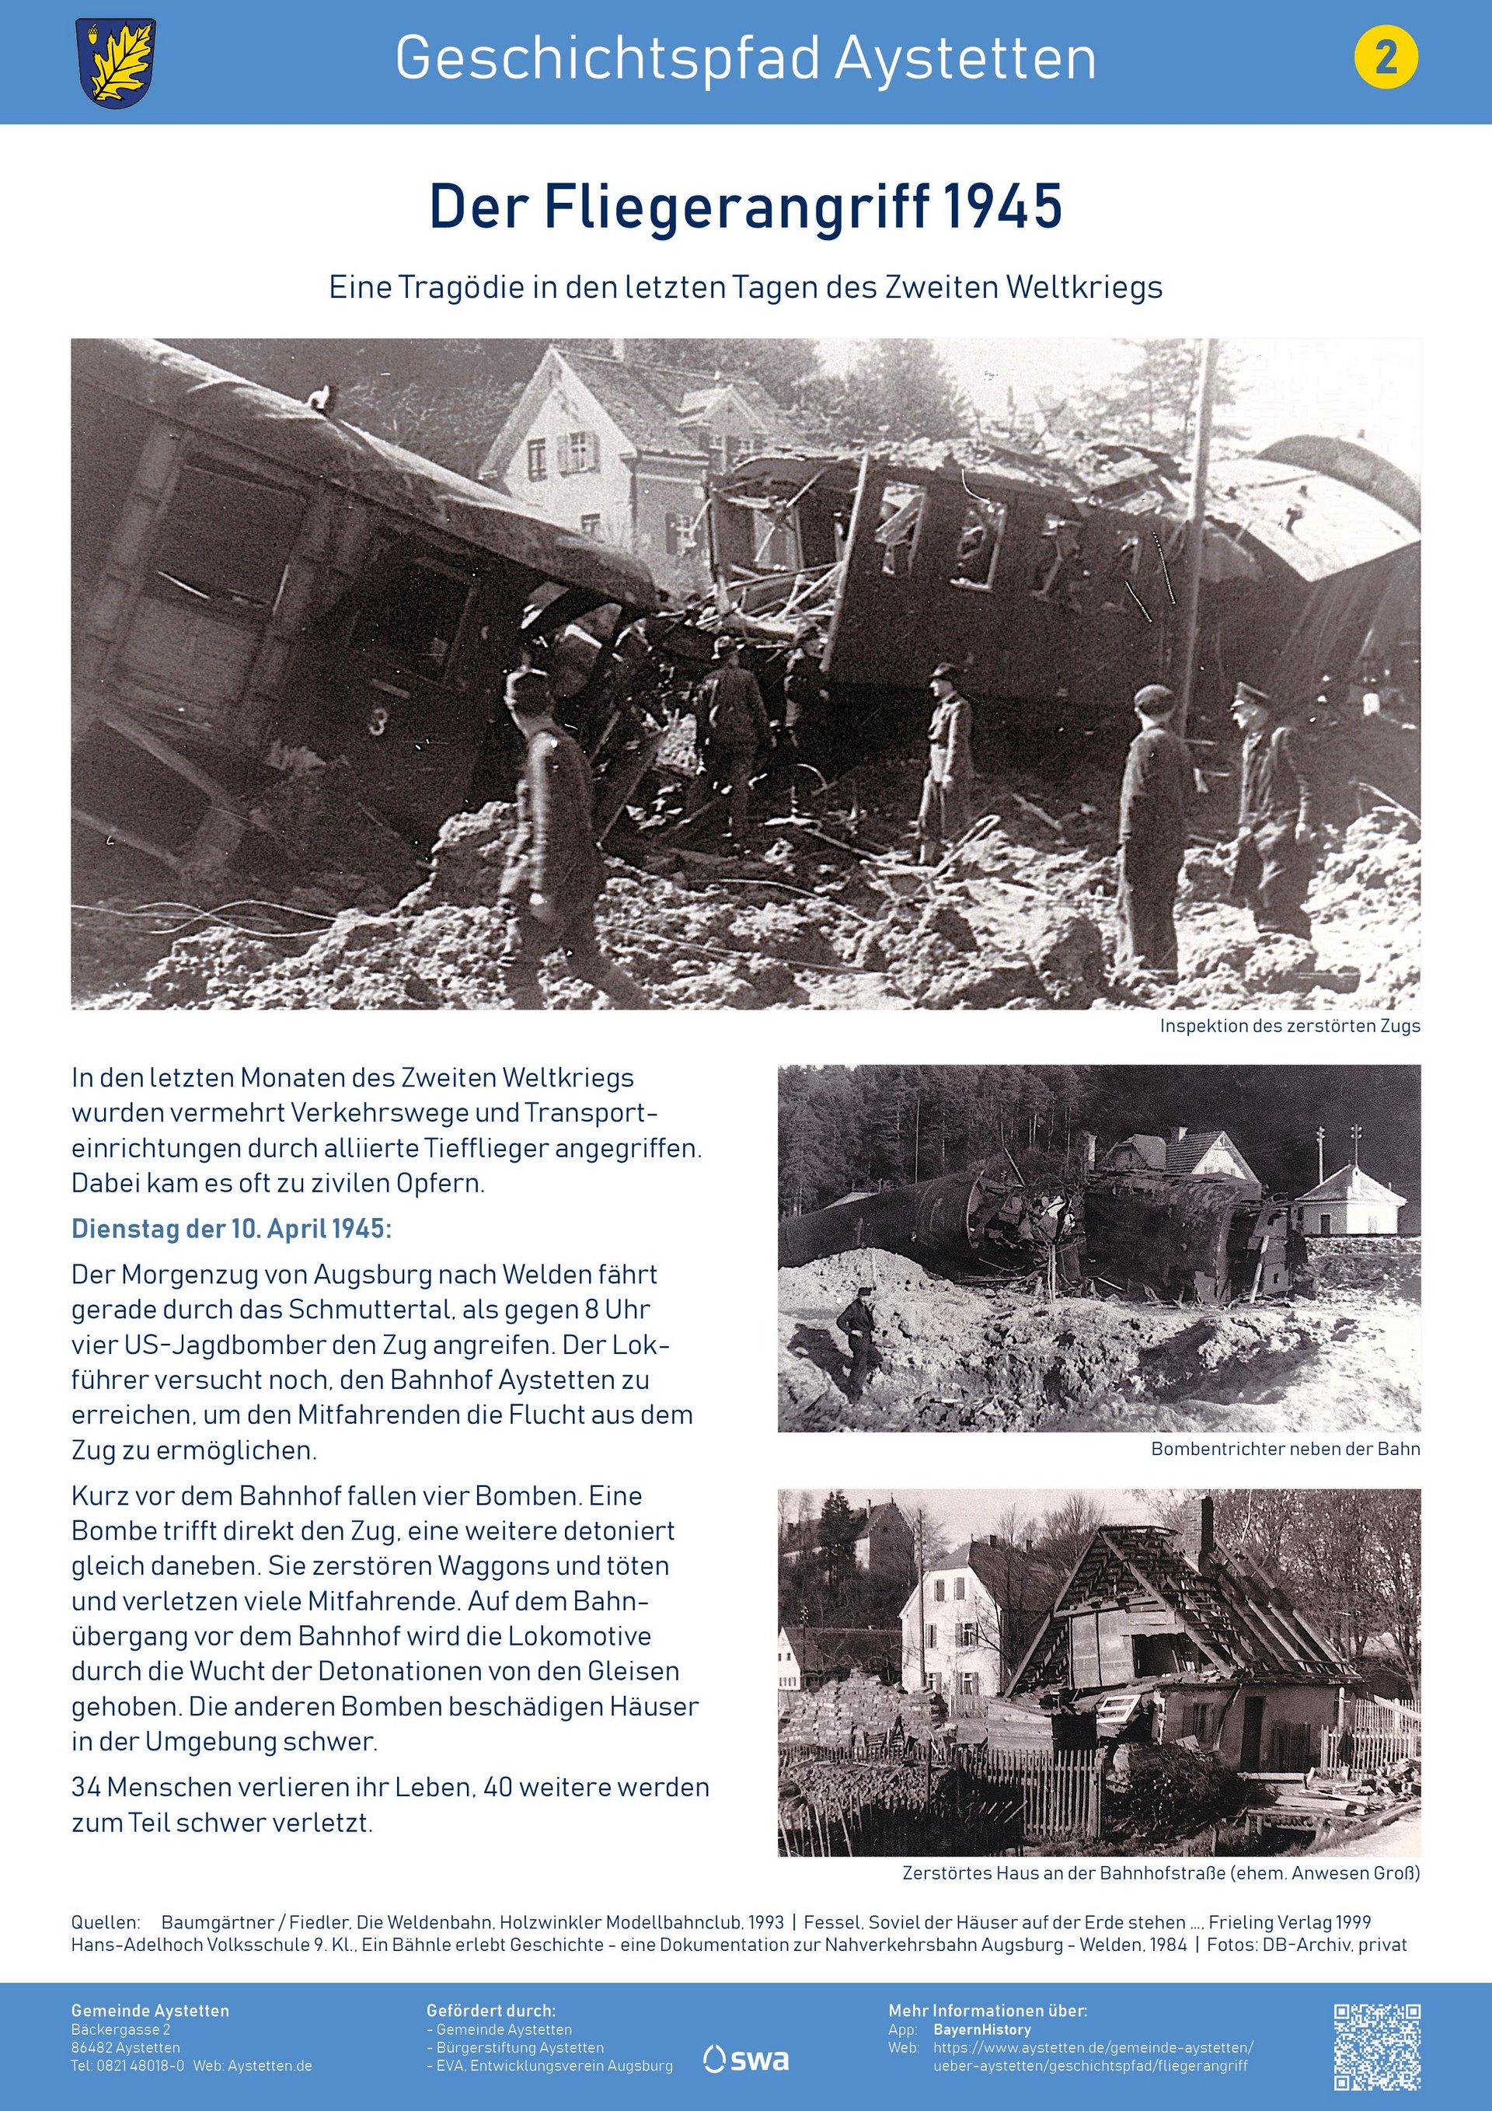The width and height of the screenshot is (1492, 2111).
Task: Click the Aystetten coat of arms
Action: click(116, 62)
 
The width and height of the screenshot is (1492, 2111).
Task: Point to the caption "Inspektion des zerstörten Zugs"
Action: click(1289, 1026)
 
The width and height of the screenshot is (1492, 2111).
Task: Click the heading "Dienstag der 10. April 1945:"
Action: click(232, 1230)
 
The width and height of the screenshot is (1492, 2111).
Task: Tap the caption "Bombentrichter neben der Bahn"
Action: click(1285, 1449)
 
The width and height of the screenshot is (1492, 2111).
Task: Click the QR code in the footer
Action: click(1377, 2046)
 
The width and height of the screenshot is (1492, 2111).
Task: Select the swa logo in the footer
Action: click(747, 2060)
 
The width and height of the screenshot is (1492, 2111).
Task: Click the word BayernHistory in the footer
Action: click(981, 2029)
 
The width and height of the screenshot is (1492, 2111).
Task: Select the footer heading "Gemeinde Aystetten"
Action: click(150, 2011)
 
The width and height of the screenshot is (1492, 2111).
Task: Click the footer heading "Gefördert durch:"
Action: click(491, 2011)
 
